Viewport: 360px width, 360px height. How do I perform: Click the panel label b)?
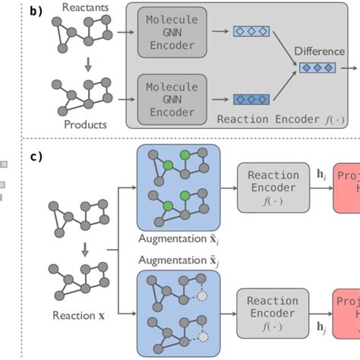point(35,12)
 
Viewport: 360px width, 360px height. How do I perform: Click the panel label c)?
point(35,157)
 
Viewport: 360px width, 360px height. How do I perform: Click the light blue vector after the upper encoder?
point(252,33)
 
